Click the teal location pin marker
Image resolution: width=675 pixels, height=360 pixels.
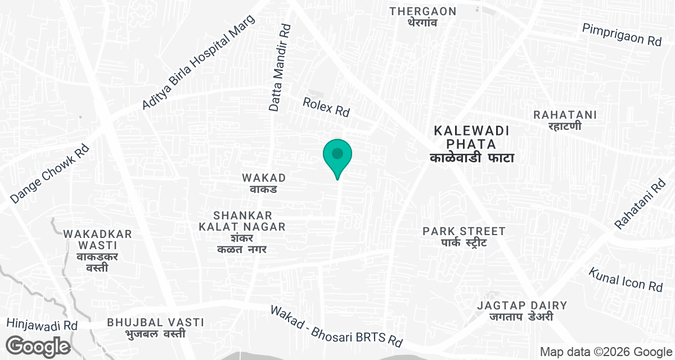point(337,155)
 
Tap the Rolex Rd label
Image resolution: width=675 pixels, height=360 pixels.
point(326,106)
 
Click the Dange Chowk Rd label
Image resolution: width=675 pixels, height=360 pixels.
point(50,174)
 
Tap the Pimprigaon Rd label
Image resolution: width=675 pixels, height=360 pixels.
point(622,34)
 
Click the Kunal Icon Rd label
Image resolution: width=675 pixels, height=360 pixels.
point(626,279)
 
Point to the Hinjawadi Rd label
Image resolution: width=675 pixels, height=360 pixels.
point(42,324)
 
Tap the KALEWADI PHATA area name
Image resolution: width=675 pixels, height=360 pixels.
point(472,144)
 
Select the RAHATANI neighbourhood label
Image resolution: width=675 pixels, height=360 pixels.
point(565,120)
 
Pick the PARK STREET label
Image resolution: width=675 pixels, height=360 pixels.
point(464,236)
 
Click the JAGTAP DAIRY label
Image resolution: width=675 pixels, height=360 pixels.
point(522,311)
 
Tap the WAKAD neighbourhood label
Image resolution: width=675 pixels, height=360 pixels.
point(264,183)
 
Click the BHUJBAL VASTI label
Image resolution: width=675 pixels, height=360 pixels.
point(155,327)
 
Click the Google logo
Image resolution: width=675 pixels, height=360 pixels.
point(38,345)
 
